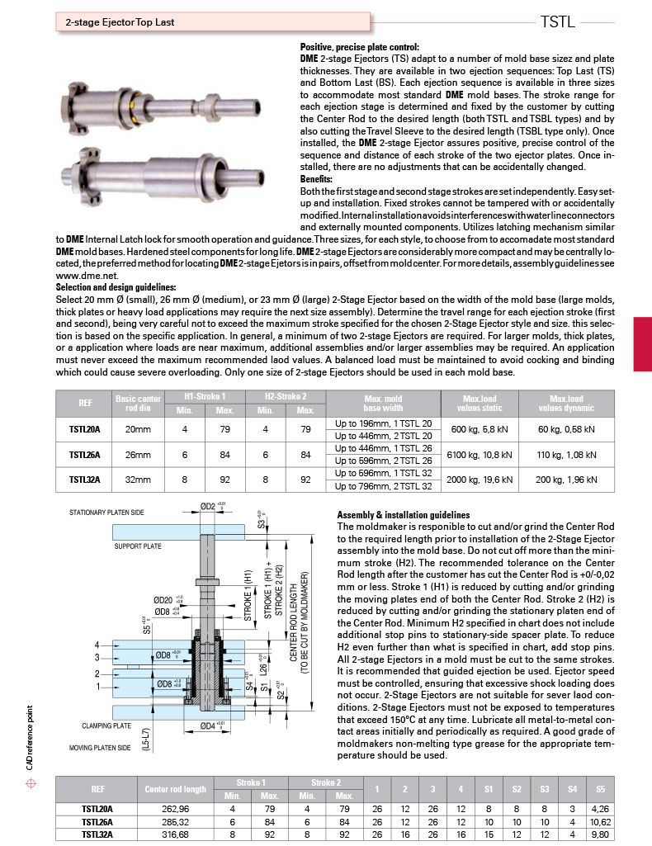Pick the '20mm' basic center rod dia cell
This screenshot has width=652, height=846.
point(138,429)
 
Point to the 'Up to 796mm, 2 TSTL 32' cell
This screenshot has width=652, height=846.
point(371,485)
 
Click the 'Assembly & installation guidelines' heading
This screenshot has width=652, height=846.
point(404,514)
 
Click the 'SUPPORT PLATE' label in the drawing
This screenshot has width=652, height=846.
point(137,546)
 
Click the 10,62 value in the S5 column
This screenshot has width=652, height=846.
point(599,821)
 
